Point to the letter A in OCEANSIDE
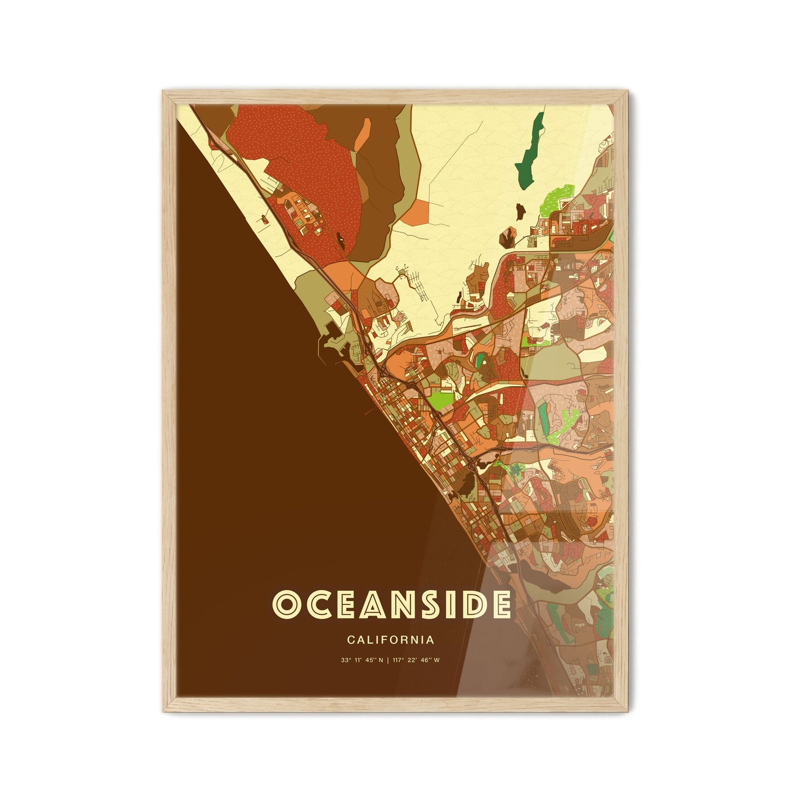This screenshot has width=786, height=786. (356, 604)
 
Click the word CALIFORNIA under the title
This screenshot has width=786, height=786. (390, 640)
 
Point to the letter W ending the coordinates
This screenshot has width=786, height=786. (437, 660)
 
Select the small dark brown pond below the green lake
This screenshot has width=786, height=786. (519, 208)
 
